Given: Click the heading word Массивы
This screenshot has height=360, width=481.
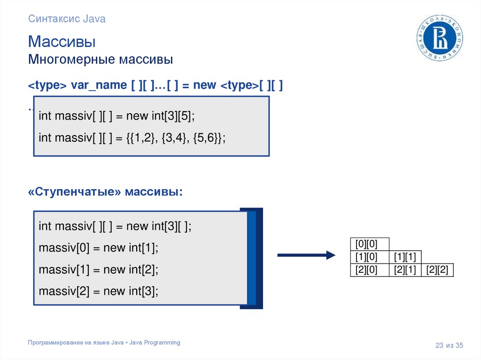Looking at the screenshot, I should point(62,42).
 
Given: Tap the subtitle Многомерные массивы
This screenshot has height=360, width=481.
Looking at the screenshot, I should point(101,60).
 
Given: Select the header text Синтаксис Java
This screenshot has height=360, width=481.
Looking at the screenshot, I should point(67,19).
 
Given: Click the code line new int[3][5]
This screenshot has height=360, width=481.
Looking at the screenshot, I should point(116,116).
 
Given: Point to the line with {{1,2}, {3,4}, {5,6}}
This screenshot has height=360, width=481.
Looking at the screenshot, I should point(132,138).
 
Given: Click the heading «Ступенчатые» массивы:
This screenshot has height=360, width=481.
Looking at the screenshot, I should point(105,192).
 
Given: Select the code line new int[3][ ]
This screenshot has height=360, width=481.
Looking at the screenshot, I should point(115,226).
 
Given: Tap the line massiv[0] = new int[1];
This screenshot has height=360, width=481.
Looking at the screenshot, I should point(99,248).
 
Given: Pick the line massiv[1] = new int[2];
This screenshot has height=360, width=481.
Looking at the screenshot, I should point(99,270).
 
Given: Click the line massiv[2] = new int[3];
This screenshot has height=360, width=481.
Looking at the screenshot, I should point(99,291).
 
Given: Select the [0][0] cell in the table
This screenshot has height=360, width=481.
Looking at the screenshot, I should point(370,244).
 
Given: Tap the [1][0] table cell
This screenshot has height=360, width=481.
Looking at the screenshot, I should point(370,257).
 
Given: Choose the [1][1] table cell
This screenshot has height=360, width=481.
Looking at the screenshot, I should point(405,257).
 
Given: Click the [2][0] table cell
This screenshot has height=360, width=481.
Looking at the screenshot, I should point(370,270).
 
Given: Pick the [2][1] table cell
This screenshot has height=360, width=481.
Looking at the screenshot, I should point(405,270).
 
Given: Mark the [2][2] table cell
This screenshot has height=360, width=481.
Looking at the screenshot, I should point(437,270).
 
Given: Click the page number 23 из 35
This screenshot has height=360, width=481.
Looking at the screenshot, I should point(449,346).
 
